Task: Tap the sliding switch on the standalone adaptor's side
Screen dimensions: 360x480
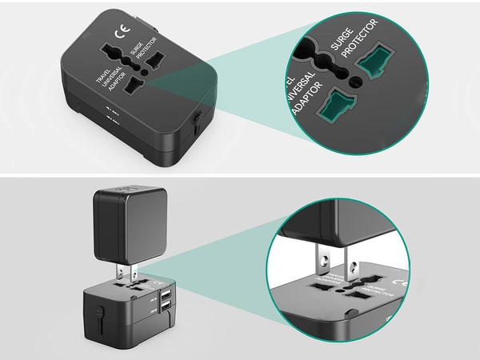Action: click(x=197, y=122)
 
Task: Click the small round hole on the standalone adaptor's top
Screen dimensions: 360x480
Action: click(x=141, y=70)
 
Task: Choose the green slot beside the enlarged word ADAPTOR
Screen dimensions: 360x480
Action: click(x=336, y=106)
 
